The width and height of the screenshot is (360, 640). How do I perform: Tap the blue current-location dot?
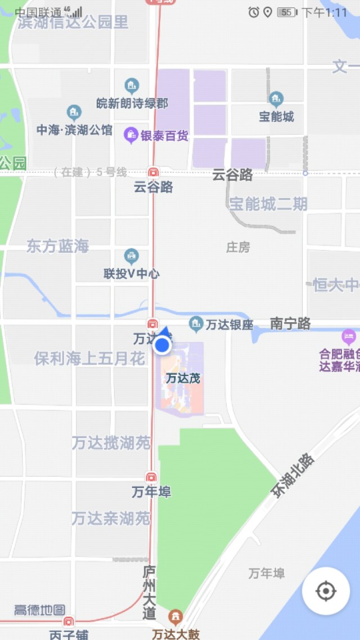[163, 345]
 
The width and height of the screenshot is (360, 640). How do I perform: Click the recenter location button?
[326, 591]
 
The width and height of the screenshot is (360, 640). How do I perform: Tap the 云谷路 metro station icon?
[153, 172]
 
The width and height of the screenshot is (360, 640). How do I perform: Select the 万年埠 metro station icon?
[151, 477]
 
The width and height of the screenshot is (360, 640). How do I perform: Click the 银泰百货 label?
[164, 136]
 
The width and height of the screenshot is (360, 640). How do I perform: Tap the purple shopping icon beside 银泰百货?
[131, 135]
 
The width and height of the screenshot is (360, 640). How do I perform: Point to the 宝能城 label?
[276, 117]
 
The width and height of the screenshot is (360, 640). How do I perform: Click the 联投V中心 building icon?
[132, 257]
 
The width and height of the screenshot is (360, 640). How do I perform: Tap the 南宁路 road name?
[290, 324]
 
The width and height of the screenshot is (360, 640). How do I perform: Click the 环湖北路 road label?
[292, 475]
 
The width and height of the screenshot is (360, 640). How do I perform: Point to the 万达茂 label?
[183, 378]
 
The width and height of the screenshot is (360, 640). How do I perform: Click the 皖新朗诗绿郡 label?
[132, 103]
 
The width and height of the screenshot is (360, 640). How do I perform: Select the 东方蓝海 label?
[58, 246]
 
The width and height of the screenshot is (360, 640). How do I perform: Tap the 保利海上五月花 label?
[90, 359]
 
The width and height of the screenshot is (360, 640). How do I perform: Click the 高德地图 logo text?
[39, 610]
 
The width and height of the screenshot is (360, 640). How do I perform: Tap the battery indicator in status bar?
[287, 12]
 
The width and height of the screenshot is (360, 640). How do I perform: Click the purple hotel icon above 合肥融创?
[349, 337]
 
